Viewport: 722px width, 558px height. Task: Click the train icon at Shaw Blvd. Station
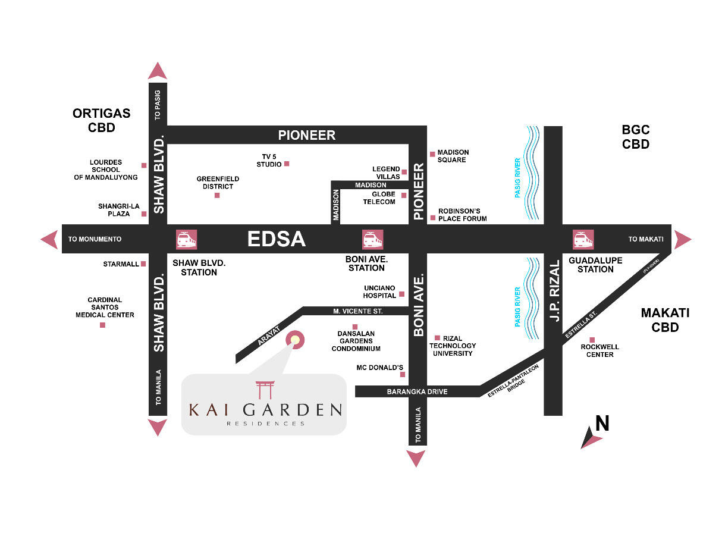tap(186, 239)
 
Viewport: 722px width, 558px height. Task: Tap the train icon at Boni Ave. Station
tap(373, 239)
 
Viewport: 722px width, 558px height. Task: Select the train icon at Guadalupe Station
tap(583, 239)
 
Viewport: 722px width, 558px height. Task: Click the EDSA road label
tap(276, 239)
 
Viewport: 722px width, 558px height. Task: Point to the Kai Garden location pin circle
tap(295, 340)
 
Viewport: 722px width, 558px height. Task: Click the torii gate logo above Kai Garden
tap(264, 390)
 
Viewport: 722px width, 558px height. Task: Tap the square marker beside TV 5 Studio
tap(287, 164)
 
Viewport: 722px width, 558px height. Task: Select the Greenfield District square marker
tap(217, 195)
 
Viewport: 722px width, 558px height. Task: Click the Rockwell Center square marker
tap(592, 340)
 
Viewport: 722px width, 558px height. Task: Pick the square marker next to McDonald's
tap(403, 375)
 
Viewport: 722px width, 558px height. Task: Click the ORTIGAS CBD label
tap(101, 120)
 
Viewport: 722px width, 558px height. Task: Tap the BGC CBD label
tap(635, 137)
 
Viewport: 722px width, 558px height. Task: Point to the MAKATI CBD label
tap(665, 320)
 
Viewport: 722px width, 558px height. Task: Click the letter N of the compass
tap(602, 423)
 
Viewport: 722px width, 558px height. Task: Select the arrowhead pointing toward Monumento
tap(49, 239)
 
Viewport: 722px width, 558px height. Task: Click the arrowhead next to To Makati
tap(683, 239)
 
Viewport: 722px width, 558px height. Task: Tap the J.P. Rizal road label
tap(554, 291)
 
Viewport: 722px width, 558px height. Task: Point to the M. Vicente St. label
tap(357, 311)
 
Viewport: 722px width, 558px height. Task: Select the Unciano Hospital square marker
tap(401, 294)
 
